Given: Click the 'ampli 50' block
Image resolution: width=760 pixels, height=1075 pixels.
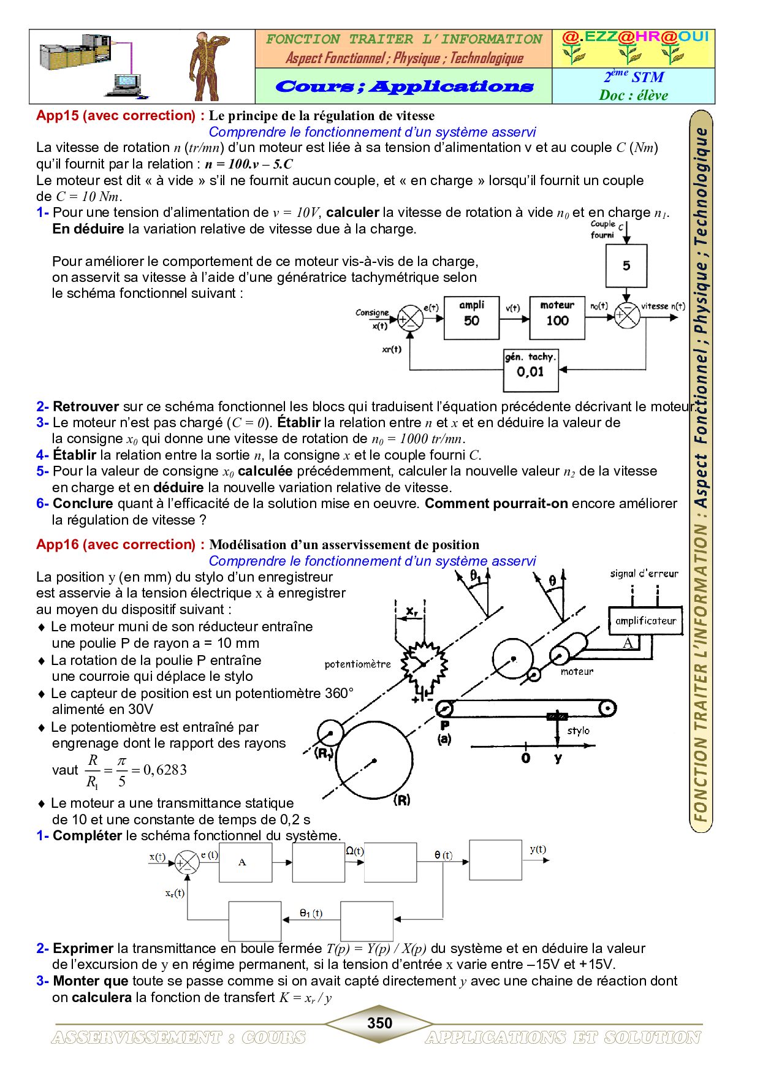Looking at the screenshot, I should click(471, 318).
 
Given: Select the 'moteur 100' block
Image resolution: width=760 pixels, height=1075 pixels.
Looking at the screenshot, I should click(557, 318).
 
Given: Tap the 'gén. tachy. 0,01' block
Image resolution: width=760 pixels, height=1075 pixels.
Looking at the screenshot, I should click(531, 370).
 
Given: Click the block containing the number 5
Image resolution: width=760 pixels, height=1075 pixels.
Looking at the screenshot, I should click(626, 266).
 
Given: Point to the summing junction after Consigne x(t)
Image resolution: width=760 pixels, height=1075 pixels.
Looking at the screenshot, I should click(411, 319).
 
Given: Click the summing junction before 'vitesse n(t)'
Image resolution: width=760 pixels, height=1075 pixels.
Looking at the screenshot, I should click(627, 316).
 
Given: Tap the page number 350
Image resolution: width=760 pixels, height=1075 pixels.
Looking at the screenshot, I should click(379, 1023).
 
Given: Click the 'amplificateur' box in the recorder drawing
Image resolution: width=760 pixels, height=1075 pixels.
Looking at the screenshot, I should click(645, 621).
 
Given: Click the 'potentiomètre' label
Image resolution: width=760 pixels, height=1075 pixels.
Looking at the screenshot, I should click(357, 664).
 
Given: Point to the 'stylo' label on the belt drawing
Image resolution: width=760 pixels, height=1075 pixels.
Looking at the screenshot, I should click(578, 731).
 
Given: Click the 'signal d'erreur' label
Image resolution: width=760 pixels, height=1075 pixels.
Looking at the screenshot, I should click(644, 574).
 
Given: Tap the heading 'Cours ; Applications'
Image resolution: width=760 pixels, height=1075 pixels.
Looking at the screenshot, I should click(404, 86).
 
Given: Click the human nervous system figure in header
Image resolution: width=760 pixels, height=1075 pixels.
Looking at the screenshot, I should click(205, 66).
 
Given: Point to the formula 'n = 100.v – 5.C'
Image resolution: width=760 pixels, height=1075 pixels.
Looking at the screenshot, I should click(249, 164).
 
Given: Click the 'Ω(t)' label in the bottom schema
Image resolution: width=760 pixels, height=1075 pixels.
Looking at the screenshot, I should click(355, 851).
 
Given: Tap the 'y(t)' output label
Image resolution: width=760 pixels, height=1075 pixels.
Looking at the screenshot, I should click(538, 849).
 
